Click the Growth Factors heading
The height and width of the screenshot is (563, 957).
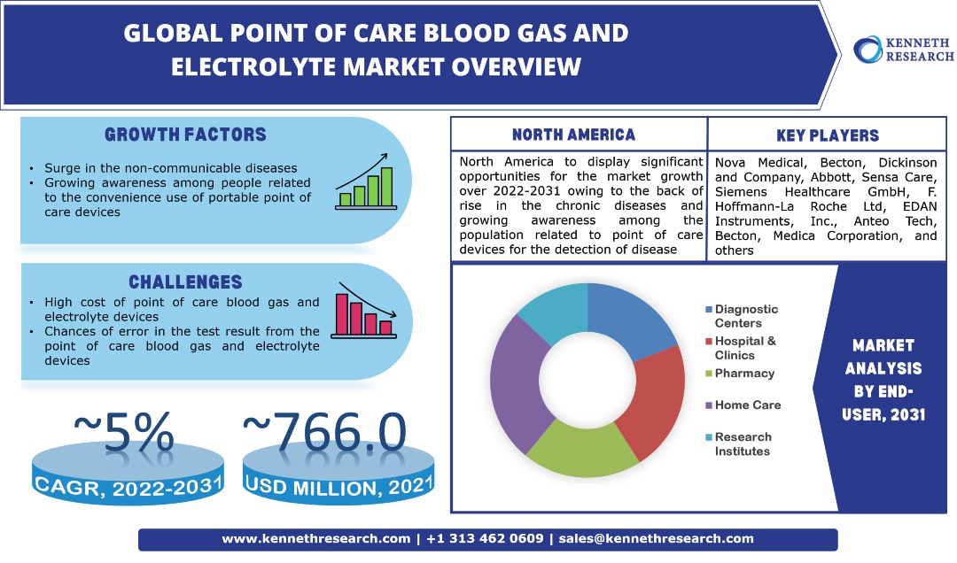click(185, 135)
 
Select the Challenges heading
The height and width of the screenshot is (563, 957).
click(185, 282)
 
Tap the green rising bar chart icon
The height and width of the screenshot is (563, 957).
click(363, 182)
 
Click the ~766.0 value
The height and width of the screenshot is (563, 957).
click(324, 433)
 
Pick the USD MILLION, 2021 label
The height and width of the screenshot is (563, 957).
click(338, 485)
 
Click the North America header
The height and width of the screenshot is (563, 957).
click(573, 135)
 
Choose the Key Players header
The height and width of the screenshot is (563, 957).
click(827, 135)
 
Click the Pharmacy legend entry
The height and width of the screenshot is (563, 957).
click(744, 374)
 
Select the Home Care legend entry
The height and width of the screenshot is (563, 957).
click(747, 405)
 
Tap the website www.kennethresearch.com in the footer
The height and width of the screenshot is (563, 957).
click(315, 538)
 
